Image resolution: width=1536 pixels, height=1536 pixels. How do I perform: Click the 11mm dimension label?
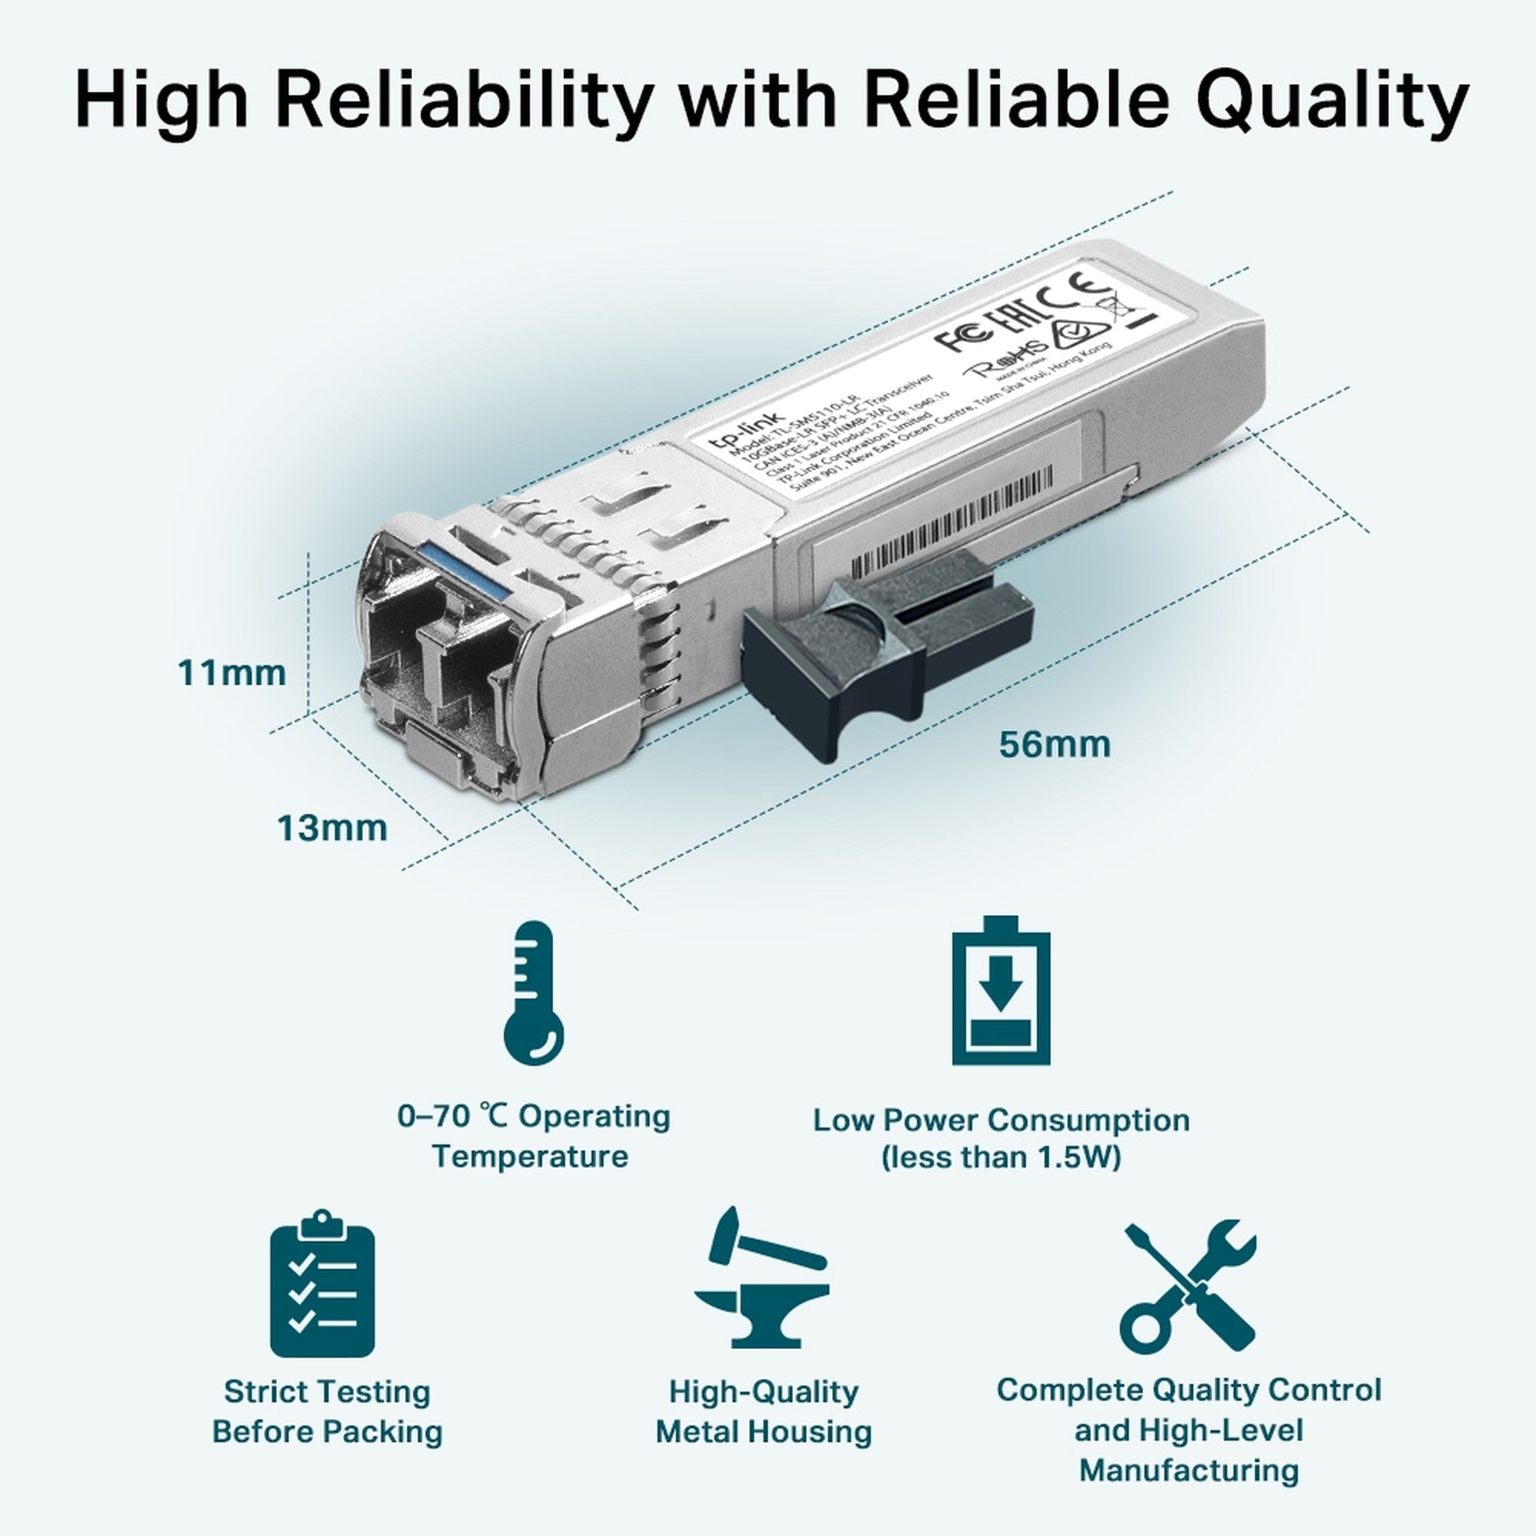pos(231,674)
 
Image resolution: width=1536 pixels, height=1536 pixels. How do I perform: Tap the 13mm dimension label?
pos(332,829)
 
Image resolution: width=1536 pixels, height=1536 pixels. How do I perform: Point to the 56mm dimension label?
pos(1054,744)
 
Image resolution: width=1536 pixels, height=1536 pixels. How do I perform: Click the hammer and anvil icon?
pos(761,1281)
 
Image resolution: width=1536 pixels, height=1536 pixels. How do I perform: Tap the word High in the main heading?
pos(162,102)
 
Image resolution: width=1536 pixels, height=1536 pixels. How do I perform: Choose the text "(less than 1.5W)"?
pos(1001,1157)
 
